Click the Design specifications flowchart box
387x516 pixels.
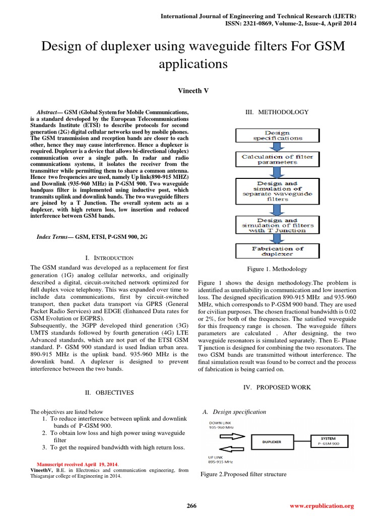[x=277, y=135]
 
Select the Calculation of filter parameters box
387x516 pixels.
[x=277, y=159]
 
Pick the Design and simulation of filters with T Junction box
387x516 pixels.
[x=277, y=225]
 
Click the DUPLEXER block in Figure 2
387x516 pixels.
[x=272, y=442]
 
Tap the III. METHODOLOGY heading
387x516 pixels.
[x=277, y=112]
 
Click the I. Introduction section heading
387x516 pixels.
[x=109, y=257]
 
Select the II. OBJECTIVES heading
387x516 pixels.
[x=109, y=392]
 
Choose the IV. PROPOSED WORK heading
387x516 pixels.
[x=277, y=387]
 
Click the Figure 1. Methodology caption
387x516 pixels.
[x=277, y=269]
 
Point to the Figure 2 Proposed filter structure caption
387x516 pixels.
[x=243, y=474]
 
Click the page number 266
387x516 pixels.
[x=192, y=505]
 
